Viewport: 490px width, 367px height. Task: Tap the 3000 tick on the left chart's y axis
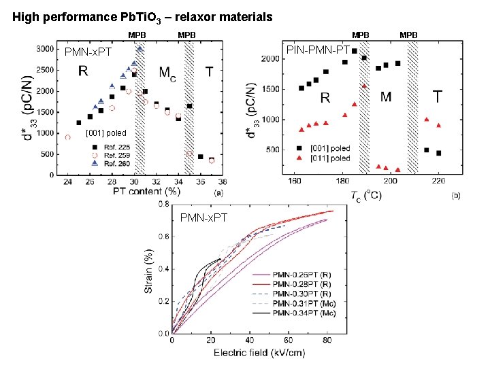pyautogui.click(x=46, y=49)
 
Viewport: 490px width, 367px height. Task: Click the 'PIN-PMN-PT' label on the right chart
pyautogui.click(x=318, y=50)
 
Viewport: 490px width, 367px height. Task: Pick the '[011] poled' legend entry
pyautogui.click(x=329, y=158)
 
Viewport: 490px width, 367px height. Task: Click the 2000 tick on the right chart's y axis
pyautogui.click(x=270, y=59)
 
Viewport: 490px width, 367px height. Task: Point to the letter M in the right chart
pyautogui.click(x=386, y=97)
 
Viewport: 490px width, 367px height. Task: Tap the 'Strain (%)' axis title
pyautogui.click(x=148, y=270)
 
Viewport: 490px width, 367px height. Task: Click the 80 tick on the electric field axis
pyautogui.click(x=327, y=340)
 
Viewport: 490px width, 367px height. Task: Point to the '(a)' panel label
pyautogui.click(x=219, y=193)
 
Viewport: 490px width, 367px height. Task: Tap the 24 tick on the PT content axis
pyautogui.click(x=67, y=182)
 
